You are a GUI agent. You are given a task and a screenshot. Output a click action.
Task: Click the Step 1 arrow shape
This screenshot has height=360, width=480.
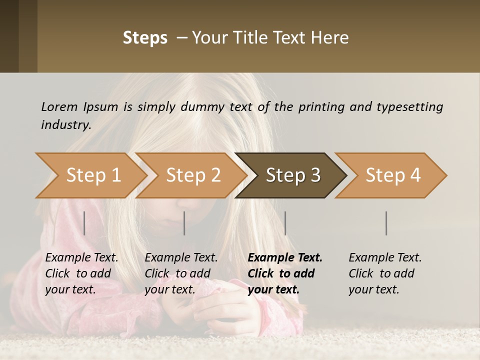tap(93, 175)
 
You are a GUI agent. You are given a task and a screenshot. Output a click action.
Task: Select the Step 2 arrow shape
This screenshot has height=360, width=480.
tap(193, 175)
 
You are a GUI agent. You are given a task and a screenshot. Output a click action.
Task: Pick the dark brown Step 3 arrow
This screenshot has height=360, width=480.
tap(293, 175)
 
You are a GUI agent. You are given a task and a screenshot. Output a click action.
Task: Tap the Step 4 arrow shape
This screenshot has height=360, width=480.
tap(393, 175)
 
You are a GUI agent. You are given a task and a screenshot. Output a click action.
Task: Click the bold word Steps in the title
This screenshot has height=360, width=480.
tap(145, 38)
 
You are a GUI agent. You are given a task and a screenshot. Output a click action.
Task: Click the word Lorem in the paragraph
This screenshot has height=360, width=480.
tap(59, 106)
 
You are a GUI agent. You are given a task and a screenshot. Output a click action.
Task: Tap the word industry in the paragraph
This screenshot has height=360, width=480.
tap(65, 124)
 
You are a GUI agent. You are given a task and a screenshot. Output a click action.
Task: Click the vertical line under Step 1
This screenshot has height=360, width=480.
tap(84, 223)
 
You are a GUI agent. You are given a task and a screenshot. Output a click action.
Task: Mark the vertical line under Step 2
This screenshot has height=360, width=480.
tap(184, 223)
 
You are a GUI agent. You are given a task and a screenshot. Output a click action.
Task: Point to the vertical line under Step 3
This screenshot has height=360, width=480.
tap(285, 223)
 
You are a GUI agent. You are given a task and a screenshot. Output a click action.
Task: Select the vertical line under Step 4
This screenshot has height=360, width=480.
tap(386, 223)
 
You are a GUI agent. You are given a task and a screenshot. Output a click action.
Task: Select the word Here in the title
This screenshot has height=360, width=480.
tap(332, 38)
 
